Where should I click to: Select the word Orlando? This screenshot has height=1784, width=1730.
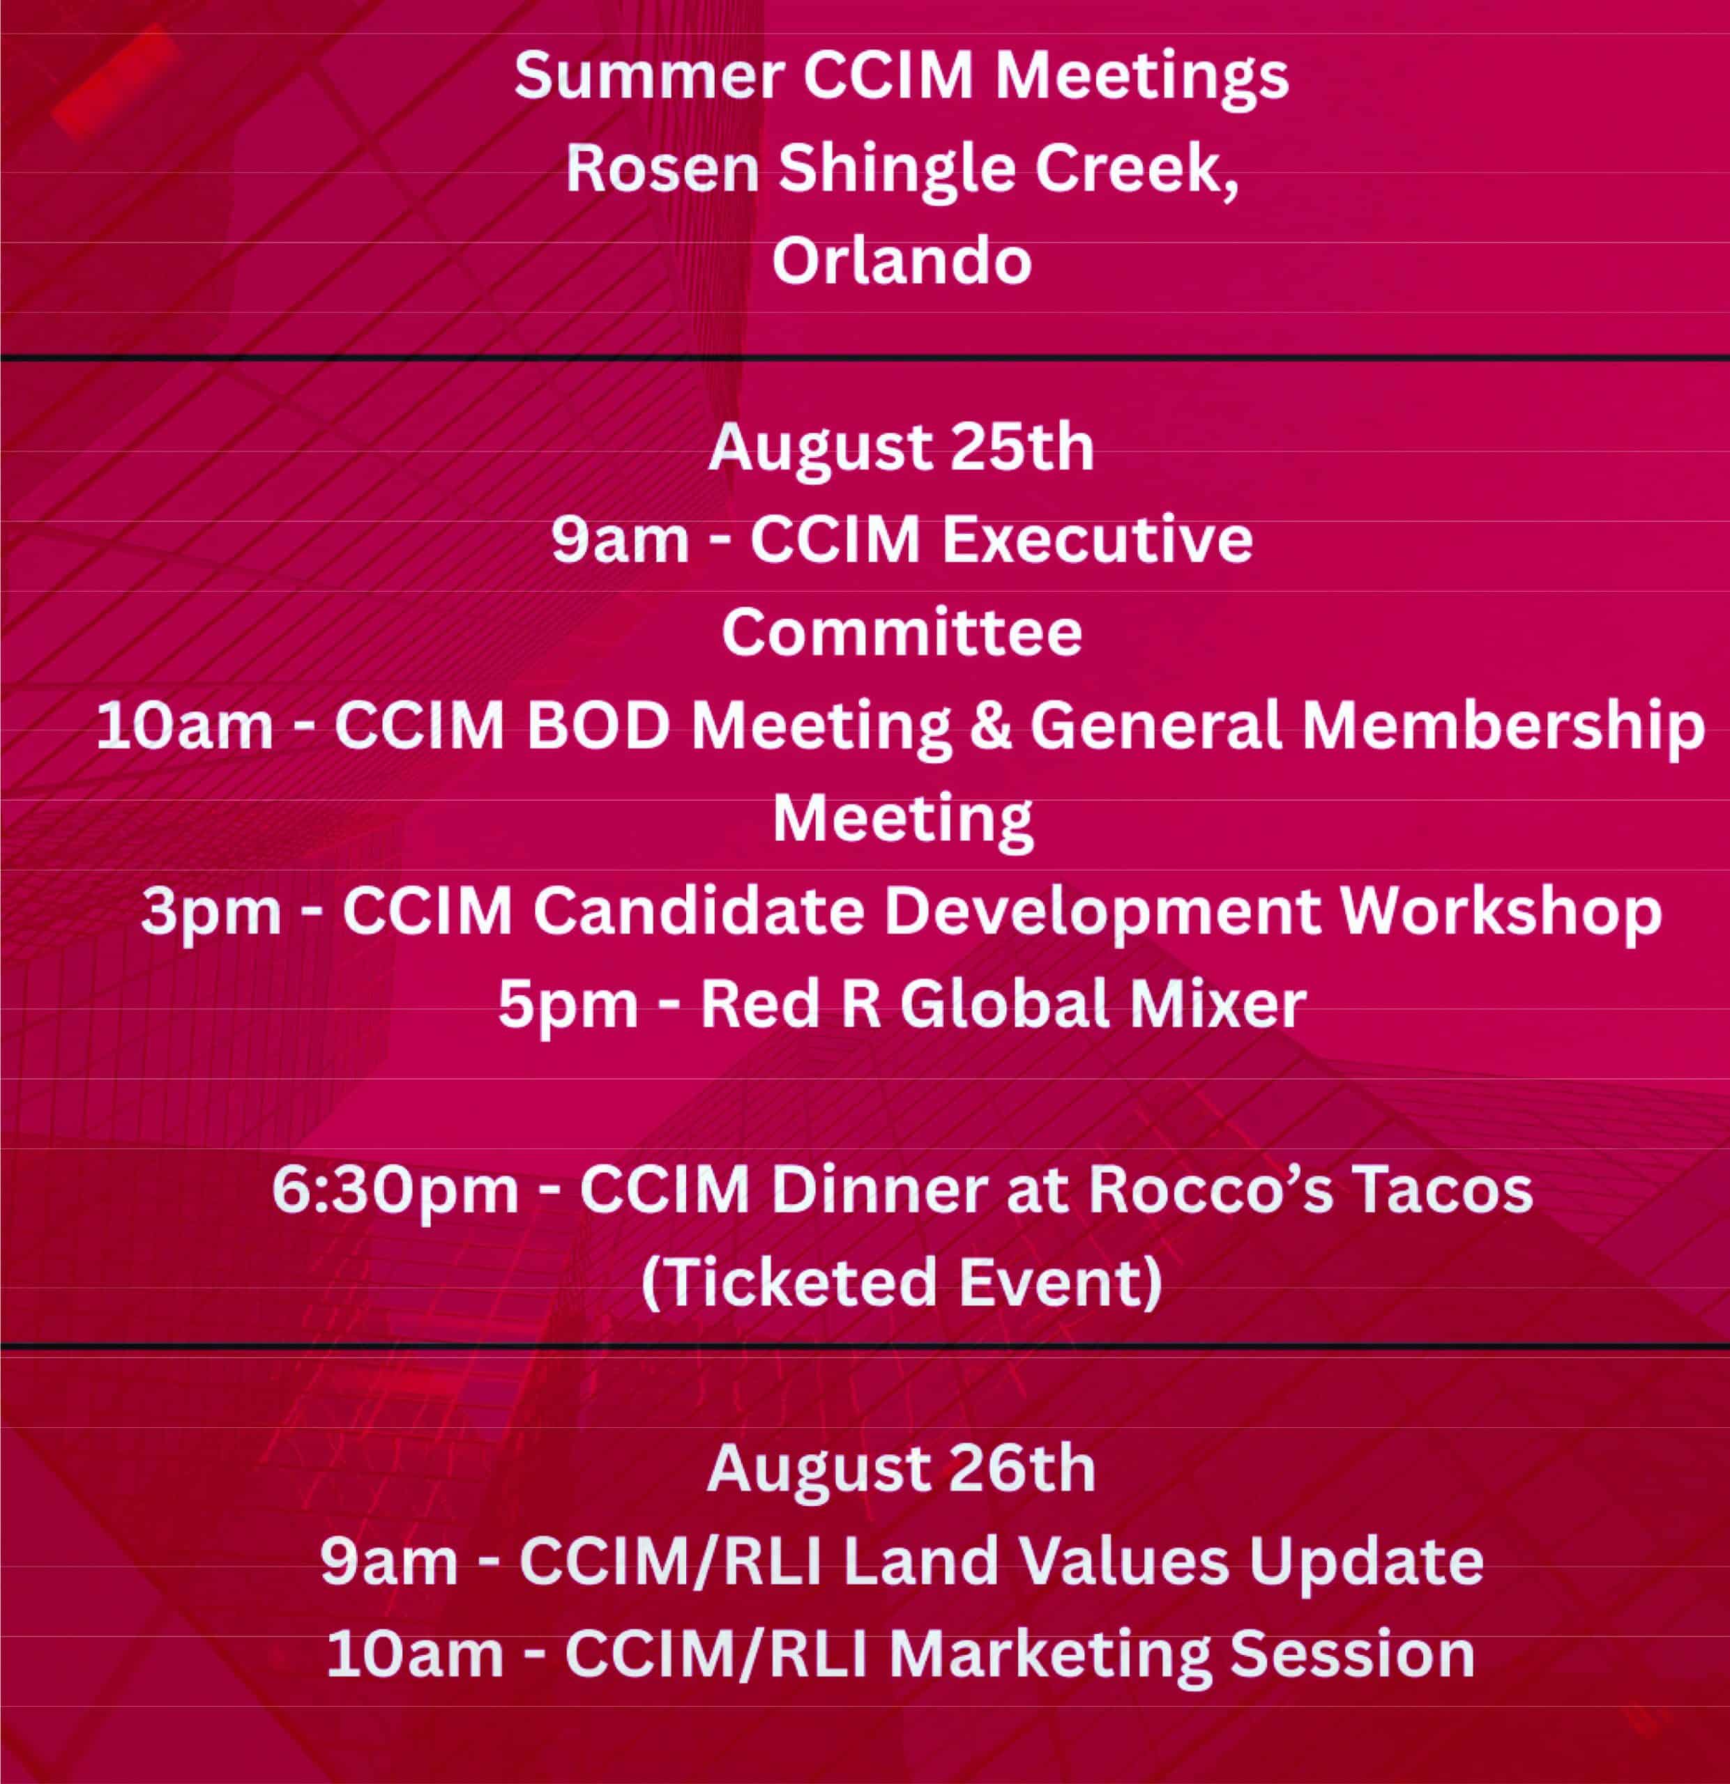tap(902, 261)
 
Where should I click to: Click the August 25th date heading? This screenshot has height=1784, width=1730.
tap(902, 448)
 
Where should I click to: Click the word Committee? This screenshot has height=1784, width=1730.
tap(902, 633)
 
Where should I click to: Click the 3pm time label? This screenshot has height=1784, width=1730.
tap(211, 913)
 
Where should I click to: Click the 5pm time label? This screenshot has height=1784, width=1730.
tap(568, 1006)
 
